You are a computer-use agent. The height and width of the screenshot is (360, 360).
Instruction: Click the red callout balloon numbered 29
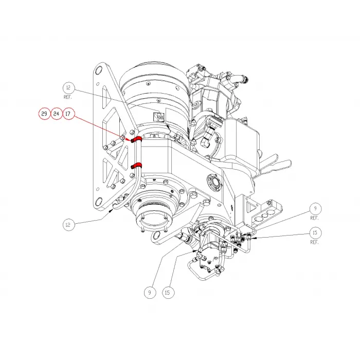pos(45,114)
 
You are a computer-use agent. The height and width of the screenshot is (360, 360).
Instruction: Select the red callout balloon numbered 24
pos(57,114)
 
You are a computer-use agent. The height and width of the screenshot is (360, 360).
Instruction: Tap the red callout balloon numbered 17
pos(69,114)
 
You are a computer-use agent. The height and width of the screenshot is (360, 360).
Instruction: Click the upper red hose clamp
pos(136,139)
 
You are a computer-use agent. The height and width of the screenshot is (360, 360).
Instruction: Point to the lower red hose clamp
pos(136,165)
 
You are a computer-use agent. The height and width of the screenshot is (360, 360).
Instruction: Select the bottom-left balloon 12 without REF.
pos(69,225)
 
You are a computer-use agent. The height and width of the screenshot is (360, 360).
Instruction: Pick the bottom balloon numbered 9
pos(150,293)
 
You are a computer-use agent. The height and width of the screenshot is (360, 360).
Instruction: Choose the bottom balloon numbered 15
pos(167,293)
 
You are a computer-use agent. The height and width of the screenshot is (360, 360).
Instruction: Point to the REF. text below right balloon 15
pos(314,242)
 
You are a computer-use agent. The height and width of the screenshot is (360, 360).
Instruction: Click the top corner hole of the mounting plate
pos(98,73)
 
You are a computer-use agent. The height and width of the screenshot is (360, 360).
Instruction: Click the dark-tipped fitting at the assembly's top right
pos(245,80)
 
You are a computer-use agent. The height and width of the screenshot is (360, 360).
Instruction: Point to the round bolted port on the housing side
pos(213,183)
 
